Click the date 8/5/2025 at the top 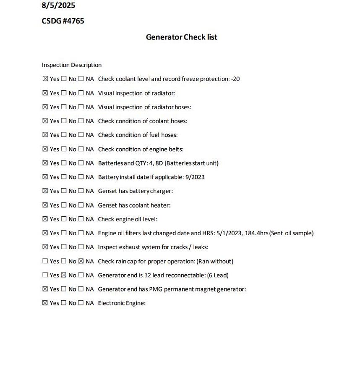click(x=58, y=5)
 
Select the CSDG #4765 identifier click(x=63, y=21)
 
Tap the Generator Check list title click(x=181, y=37)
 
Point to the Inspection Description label click(x=72, y=65)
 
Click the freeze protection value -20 click(x=235, y=79)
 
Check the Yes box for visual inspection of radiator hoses click(x=45, y=107)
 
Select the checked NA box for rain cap click(x=81, y=261)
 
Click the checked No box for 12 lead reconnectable click(x=64, y=275)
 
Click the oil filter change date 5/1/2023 click(x=229, y=233)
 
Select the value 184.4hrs click(x=256, y=233)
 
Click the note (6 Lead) click(x=218, y=275)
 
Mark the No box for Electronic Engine click(x=64, y=303)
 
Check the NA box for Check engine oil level click(x=81, y=219)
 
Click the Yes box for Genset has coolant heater click(x=45, y=205)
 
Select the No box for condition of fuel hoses click(x=64, y=135)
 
